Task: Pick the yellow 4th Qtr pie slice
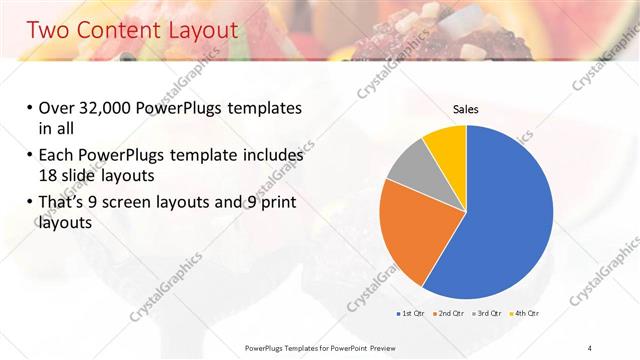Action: coord(446,146)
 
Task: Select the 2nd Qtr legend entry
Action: coord(450,313)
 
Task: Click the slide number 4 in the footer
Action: coord(590,347)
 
